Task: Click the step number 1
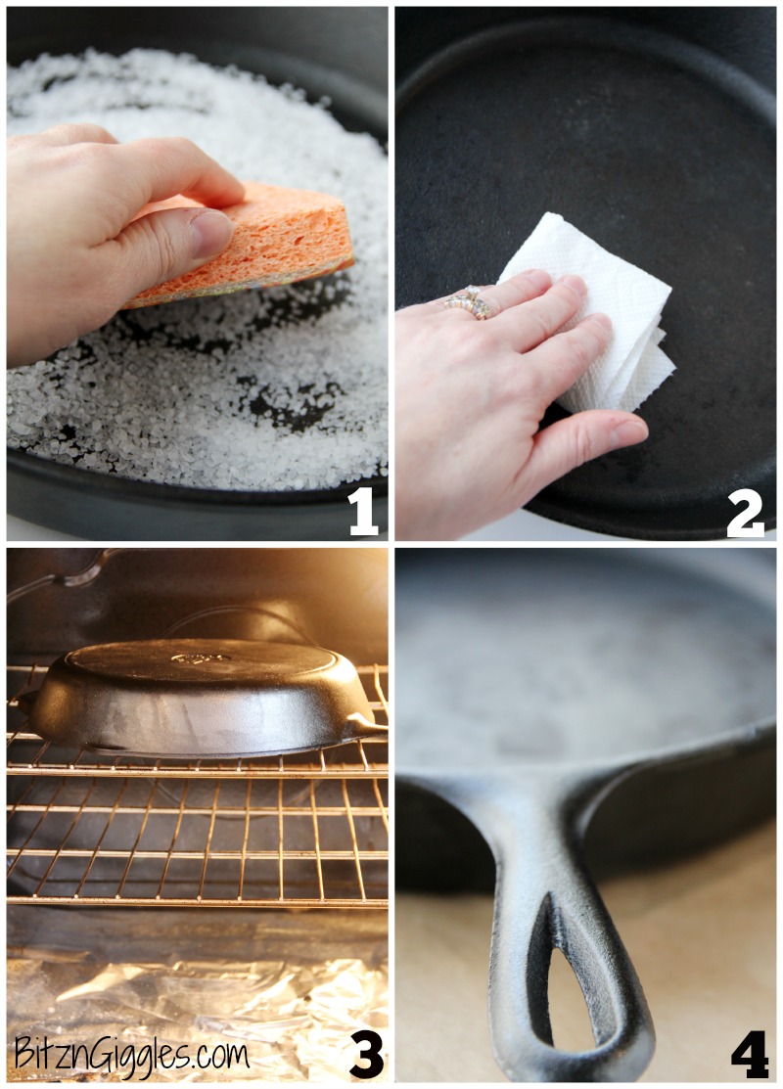(x=362, y=511)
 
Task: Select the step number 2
(x=746, y=511)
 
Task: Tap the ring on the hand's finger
(x=468, y=302)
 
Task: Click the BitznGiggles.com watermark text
(x=131, y=1054)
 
